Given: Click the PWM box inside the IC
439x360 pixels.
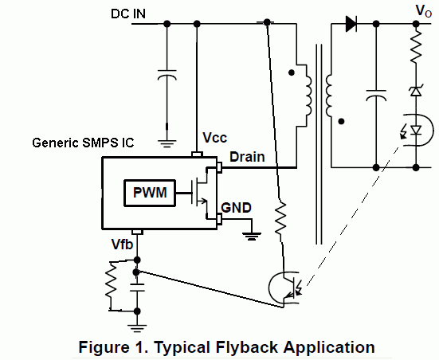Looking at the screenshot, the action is pyautogui.click(x=150, y=194).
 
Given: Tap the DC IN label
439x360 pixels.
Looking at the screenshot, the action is pyautogui.click(x=128, y=14).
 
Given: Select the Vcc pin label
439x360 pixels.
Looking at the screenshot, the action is pyautogui.click(x=215, y=138).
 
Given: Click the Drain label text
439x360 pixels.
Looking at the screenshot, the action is pyautogui.click(x=247, y=157).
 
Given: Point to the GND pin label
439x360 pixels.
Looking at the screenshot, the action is pyautogui.click(x=236, y=208).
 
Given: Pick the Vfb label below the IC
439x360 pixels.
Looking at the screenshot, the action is pyautogui.click(x=122, y=244).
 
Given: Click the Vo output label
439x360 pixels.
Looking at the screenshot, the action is pyautogui.click(x=424, y=11).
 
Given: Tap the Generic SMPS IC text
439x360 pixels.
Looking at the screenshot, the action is pyautogui.click(x=83, y=143).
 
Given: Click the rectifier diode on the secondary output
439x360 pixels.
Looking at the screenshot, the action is pyautogui.click(x=351, y=24).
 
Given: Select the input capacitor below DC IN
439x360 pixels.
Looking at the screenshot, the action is pyautogui.click(x=167, y=75).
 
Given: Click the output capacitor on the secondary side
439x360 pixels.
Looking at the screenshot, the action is pyautogui.click(x=377, y=96).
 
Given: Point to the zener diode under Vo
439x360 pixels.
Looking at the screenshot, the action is pyautogui.click(x=416, y=91).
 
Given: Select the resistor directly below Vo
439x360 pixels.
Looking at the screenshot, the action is pyautogui.click(x=416, y=46).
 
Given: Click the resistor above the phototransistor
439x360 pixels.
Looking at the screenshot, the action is pyautogui.click(x=280, y=217).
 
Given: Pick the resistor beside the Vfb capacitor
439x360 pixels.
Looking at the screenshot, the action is pyautogui.click(x=112, y=280).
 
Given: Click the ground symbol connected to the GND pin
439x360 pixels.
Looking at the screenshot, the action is pyautogui.click(x=253, y=237).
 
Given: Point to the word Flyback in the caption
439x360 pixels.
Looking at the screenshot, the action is pyautogui.click(x=248, y=347).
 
